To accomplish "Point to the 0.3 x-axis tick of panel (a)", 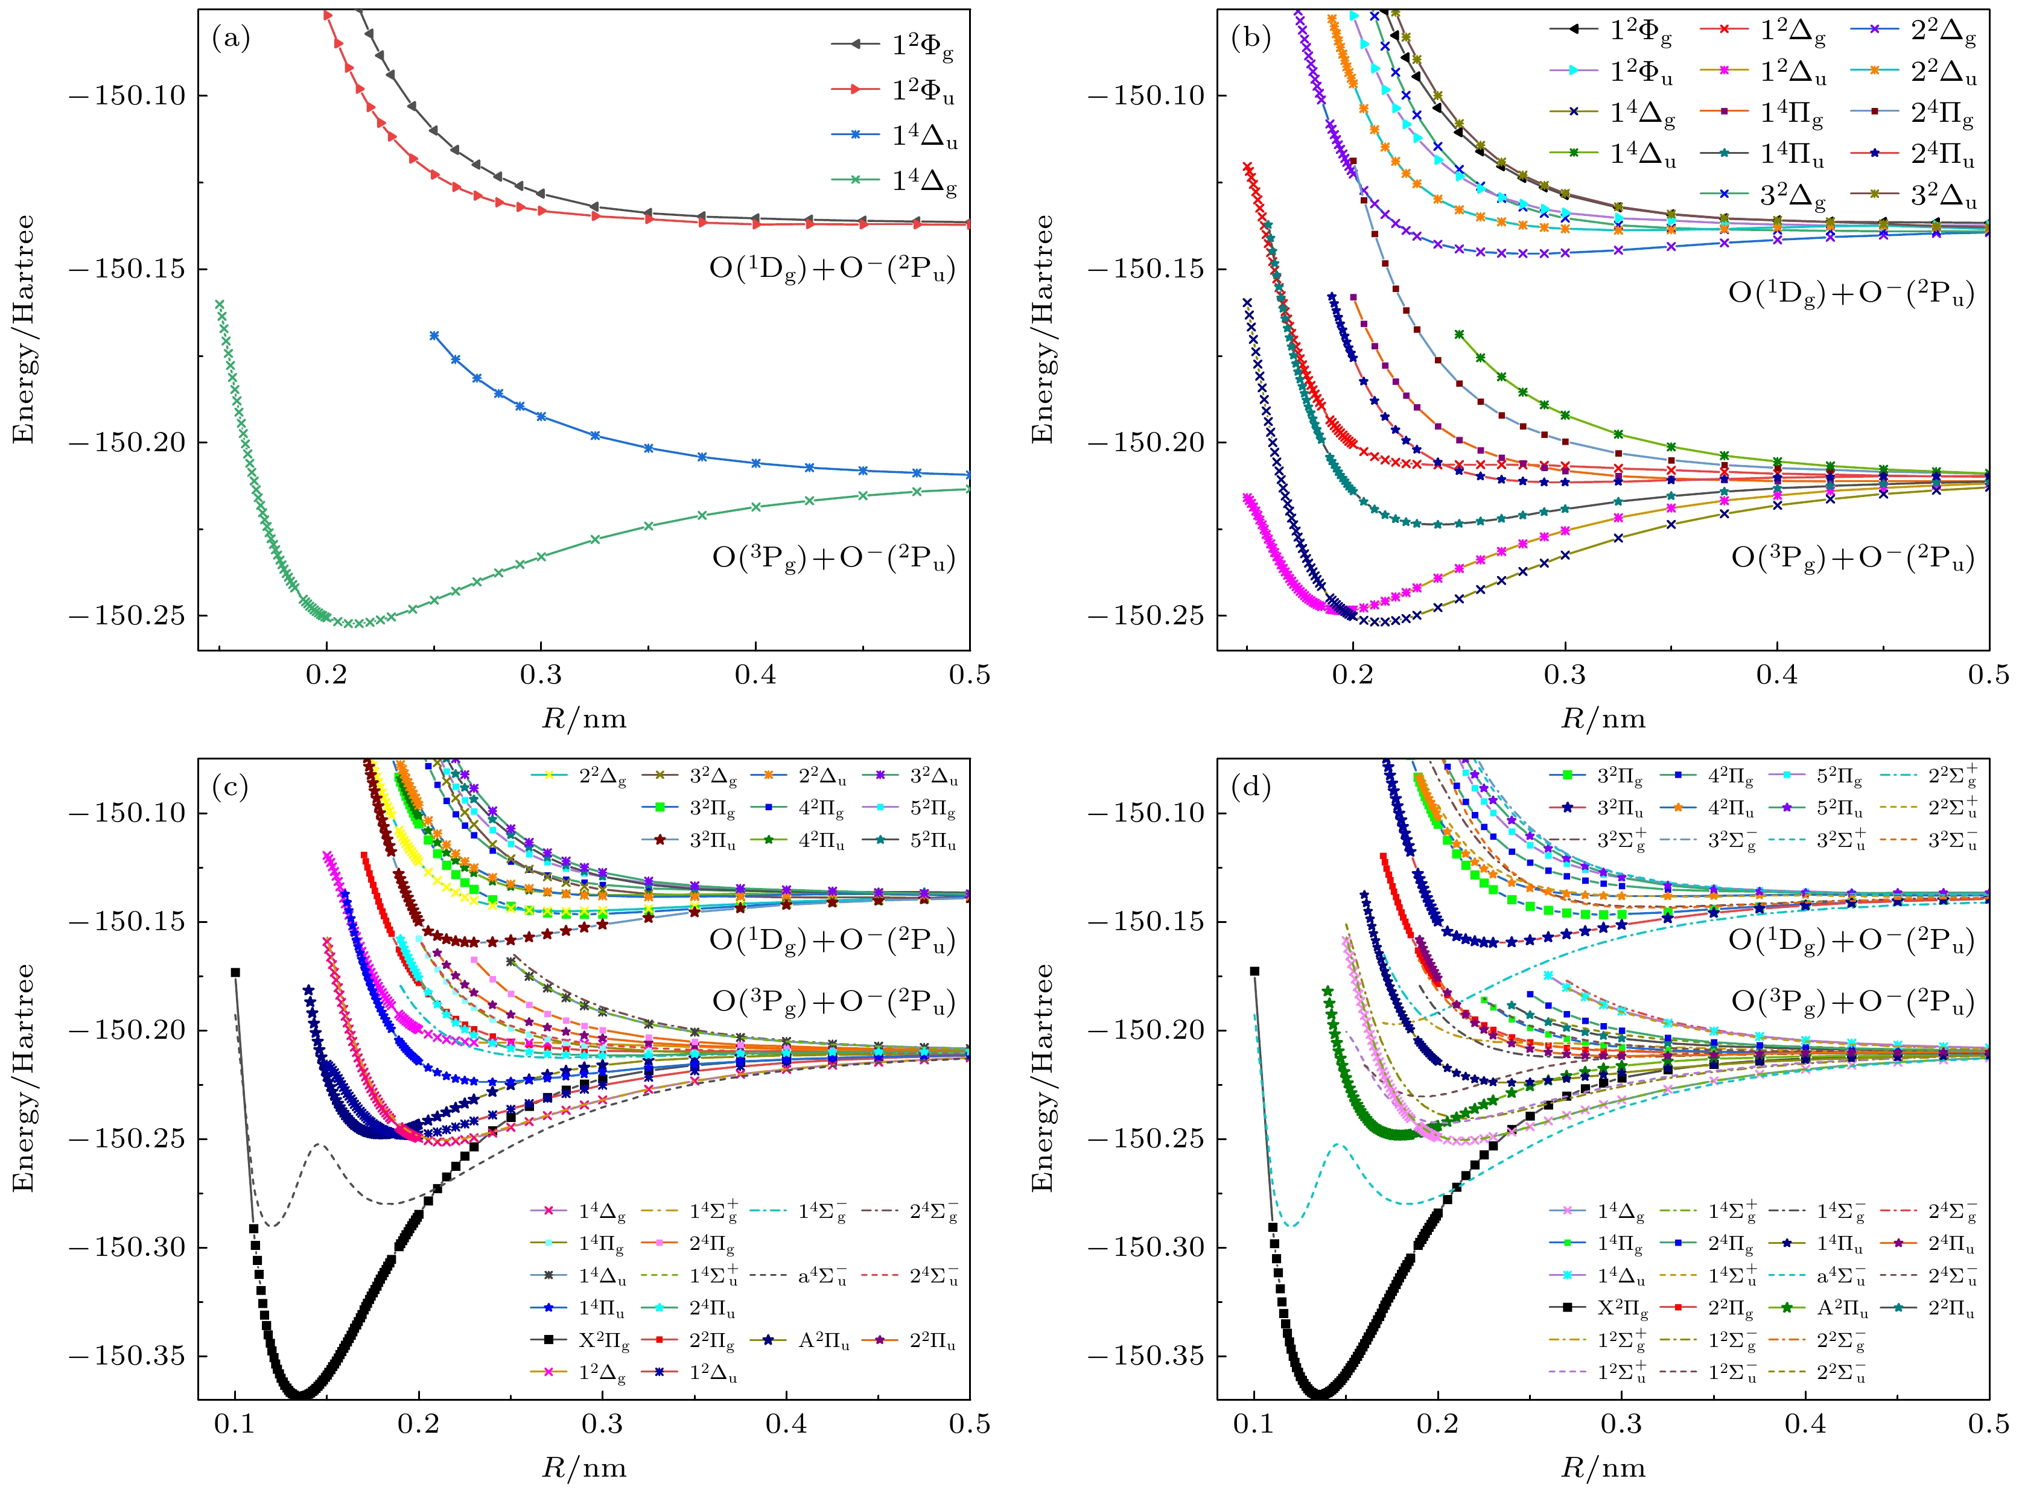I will tap(541, 674).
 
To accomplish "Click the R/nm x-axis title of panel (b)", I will tap(1603, 719).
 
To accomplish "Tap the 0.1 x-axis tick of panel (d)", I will tap(1254, 1424).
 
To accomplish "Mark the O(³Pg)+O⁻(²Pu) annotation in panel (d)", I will tap(1852, 1002).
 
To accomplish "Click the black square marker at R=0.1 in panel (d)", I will tap(1254, 971).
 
